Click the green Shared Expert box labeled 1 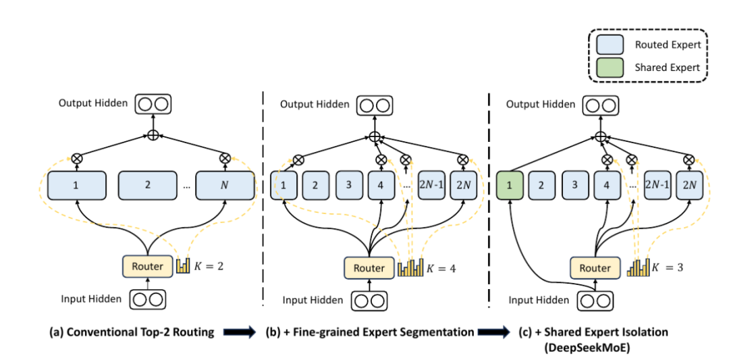(x=510, y=186)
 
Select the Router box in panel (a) (x=148, y=267)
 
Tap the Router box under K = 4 (x=369, y=268)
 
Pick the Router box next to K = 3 (x=595, y=268)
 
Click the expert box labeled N (x=225, y=186)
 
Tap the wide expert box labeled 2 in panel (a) (x=148, y=186)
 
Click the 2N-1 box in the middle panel (x=432, y=186)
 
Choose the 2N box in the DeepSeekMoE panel (x=689, y=186)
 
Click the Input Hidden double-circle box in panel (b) (x=370, y=301)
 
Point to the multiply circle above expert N (x=225, y=157)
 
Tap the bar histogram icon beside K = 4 (x=410, y=268)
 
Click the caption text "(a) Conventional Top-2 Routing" (x=132, y=332)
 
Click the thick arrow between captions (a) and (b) (x=240, y=332)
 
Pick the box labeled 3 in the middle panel (x=349, y=186)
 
